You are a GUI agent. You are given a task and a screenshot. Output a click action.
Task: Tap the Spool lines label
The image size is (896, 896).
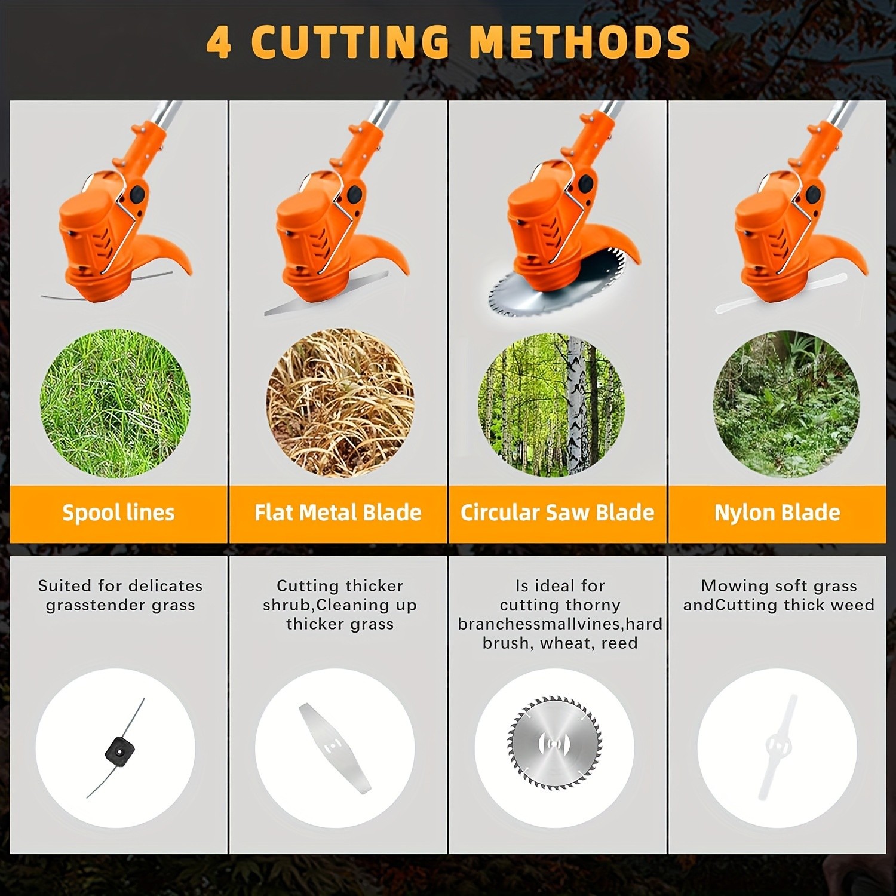(118, 513)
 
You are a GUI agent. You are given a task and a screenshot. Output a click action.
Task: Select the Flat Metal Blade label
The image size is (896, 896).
(338, 513)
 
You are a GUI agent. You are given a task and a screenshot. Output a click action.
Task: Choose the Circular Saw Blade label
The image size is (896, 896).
(557, 513)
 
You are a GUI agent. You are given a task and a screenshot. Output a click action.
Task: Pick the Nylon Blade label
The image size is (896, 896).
(777, 513)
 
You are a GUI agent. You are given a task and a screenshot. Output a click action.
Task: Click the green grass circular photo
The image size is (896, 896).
(115, 403)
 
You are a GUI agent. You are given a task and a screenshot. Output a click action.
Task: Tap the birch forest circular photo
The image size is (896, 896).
(551, 404)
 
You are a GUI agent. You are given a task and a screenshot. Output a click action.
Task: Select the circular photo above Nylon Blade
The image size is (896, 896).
(786, 404)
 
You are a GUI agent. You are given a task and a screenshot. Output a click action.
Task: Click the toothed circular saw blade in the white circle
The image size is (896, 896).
(554, 742)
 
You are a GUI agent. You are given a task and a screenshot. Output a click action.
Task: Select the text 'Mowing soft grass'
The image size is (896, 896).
(779, 586)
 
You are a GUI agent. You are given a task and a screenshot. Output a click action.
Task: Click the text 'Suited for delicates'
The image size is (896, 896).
(120, 586)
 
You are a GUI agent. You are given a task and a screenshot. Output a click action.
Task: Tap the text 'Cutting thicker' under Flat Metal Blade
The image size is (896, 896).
(340, 586)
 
